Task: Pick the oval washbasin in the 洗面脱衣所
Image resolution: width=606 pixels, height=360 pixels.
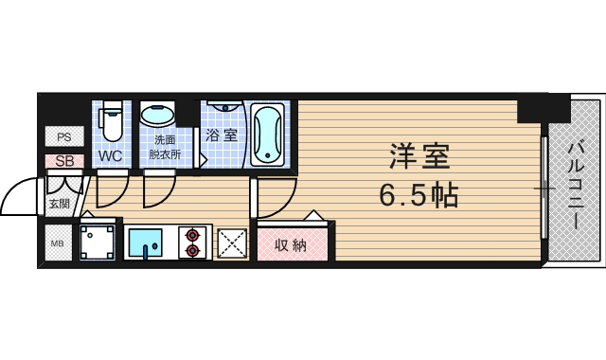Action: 157,116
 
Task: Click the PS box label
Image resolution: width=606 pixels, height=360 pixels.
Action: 63,137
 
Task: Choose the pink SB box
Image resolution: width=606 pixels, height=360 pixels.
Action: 63,161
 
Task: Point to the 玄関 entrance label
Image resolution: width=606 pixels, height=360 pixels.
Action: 59,203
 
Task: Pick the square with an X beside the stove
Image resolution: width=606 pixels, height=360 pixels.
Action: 232,243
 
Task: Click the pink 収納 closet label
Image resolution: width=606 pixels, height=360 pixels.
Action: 291,245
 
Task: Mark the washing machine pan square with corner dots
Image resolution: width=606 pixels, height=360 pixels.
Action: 100,243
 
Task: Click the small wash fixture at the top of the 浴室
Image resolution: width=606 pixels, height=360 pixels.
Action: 224,106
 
